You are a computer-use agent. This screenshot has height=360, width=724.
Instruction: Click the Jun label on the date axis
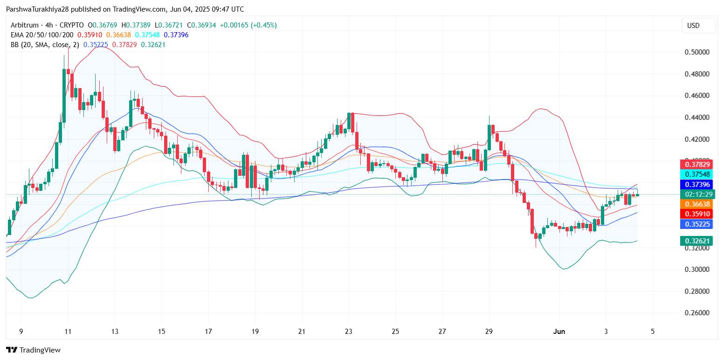(559, 332)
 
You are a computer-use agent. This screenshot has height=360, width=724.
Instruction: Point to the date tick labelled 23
(348, 332)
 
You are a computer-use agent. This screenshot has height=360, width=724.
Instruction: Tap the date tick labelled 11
(68, 332)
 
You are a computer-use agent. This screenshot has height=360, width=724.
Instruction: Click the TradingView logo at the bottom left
(33, 350)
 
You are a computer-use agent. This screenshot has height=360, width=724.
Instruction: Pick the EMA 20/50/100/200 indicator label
(42, 35)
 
